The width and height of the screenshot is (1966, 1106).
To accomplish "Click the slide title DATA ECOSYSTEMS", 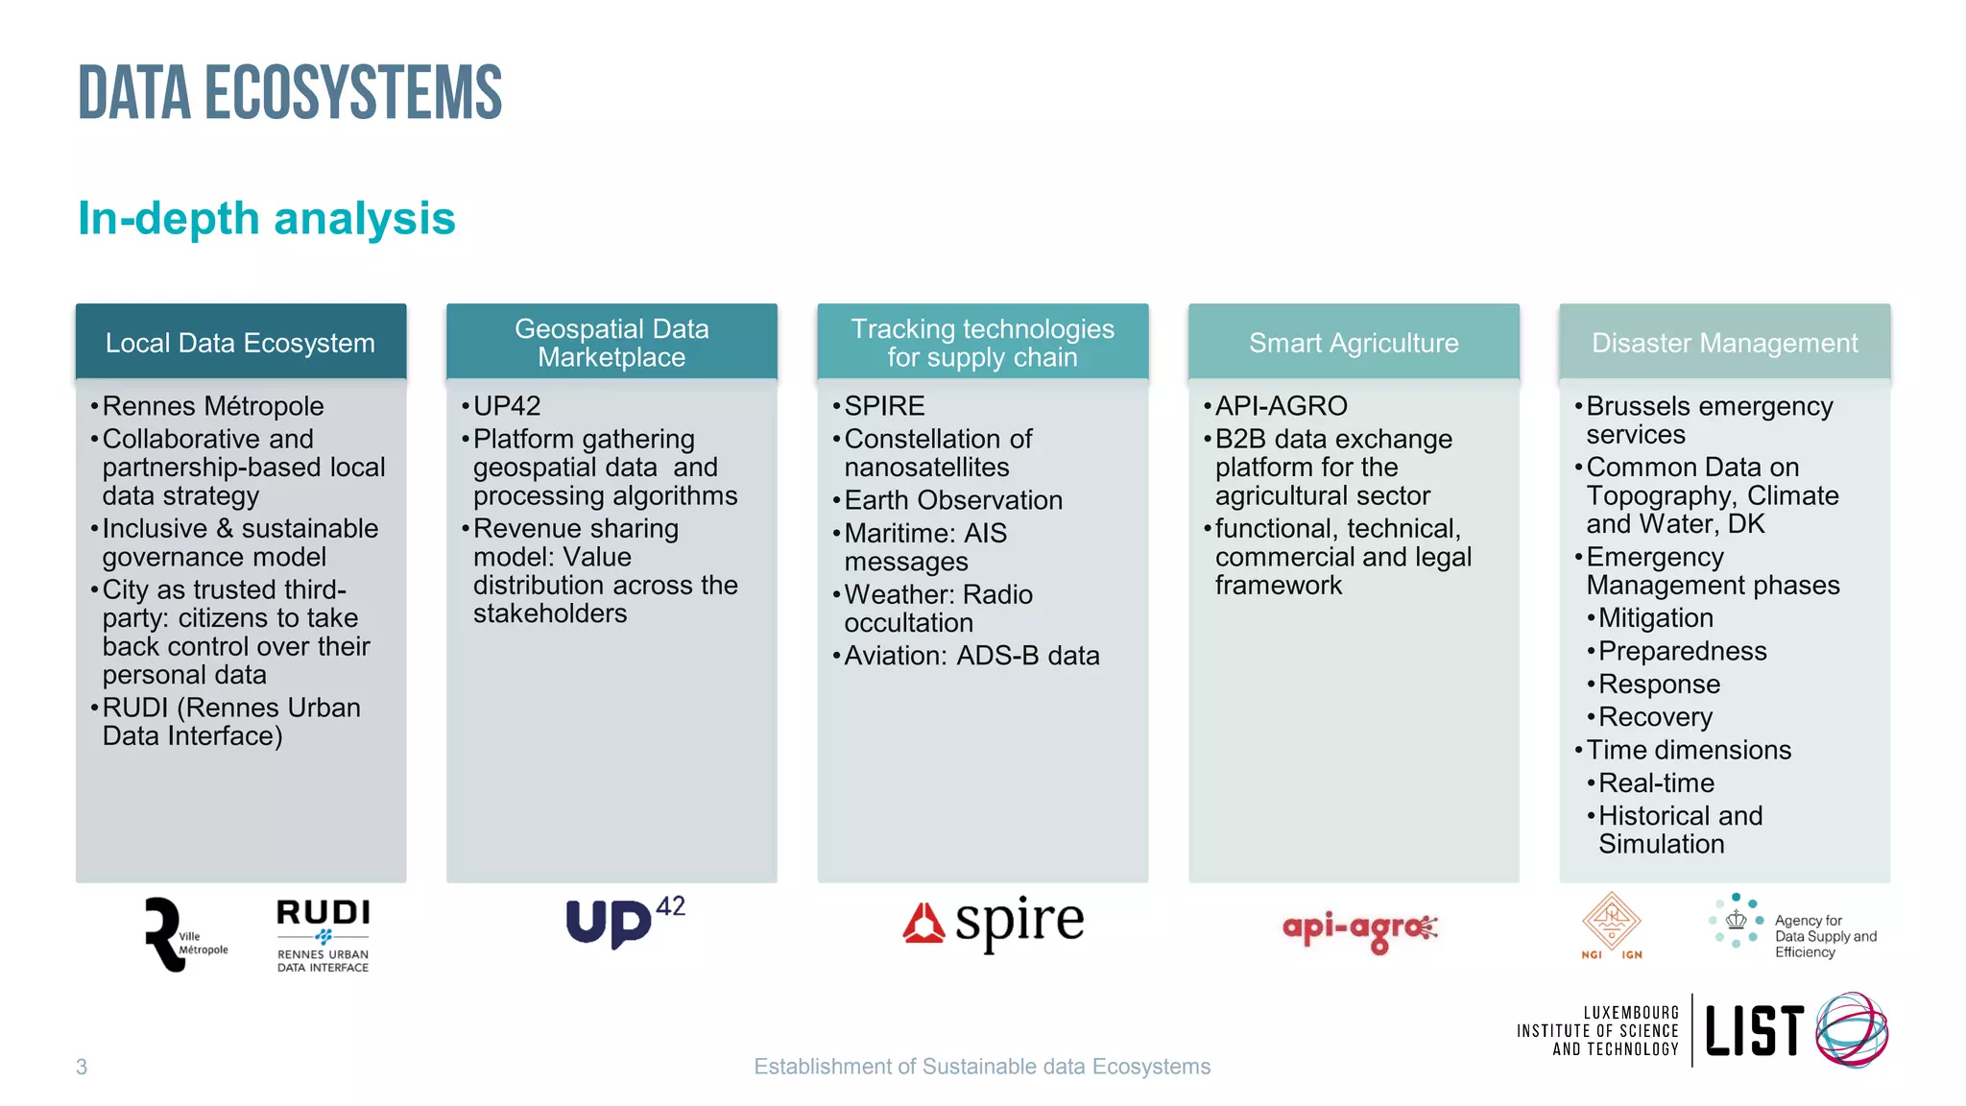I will (290, 93).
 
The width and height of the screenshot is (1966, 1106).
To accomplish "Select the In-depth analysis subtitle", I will (267, 219).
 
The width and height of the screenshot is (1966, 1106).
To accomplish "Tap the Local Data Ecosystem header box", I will (241, 343).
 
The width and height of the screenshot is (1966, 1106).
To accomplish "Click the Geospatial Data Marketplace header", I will (611, 343).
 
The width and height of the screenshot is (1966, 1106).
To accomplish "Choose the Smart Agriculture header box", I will (1354, 343).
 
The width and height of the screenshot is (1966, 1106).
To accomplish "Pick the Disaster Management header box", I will (1724, 343).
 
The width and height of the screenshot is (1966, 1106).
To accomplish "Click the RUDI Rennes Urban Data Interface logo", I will (323, 935).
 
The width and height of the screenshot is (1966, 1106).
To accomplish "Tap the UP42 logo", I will (624, 923).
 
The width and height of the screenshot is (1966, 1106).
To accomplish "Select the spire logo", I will (994, 924).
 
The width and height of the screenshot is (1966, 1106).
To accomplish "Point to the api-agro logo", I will (1359, 929).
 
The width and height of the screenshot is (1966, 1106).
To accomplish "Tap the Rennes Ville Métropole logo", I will (183, 935).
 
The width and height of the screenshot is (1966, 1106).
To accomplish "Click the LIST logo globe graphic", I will (1852, 1030).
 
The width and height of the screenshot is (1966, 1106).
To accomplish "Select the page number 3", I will (82, 1067).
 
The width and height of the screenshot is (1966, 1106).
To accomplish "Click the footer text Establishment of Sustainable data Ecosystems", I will (982, 1067).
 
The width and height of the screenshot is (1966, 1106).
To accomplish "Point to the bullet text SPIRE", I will (884, 406).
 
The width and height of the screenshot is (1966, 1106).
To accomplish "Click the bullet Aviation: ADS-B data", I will (971, 656).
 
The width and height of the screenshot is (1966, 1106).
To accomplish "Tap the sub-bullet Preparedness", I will (1682, 651).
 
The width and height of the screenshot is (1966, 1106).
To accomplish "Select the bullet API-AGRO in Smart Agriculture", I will (1281, 406).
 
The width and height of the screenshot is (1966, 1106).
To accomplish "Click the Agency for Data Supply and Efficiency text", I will (1824, 936).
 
